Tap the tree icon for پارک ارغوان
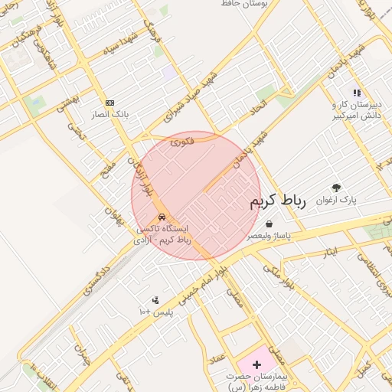(335, 188)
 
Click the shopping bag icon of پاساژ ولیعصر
(269, 224)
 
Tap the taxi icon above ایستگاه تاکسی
(161, 216)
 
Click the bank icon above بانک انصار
(109, 103)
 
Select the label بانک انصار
(111, 115)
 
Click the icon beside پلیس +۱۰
(155, 300)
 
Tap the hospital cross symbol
(256, 364)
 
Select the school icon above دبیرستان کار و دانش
(357, 93)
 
